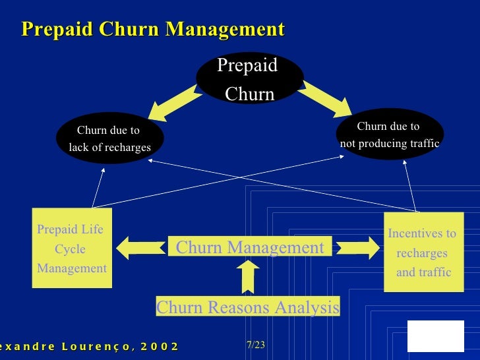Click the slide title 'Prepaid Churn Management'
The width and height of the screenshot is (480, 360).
(152, 30)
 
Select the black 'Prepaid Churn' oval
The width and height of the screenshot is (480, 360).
(249, 79)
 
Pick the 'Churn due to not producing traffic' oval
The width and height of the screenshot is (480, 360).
(389, 135)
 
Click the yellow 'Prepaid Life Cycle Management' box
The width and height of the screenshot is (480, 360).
(72, 249)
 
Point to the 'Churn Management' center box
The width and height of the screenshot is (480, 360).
(250, 247)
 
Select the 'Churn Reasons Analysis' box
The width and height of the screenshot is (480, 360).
(247, 307)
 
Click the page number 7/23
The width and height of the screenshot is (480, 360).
(255, 345)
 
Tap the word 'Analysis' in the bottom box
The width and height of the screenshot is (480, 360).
(308, 307)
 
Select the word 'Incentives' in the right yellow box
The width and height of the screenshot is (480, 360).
(422, 234)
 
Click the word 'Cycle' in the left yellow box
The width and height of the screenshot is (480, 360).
(71, 249)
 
